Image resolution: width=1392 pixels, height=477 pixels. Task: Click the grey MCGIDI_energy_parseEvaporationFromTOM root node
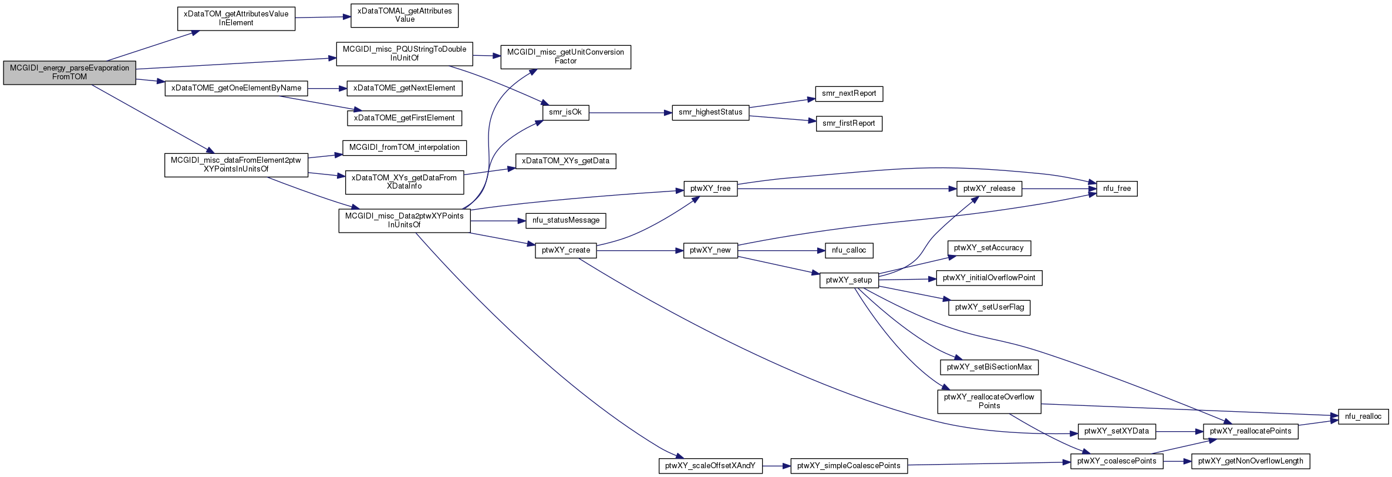[x=69, y=72]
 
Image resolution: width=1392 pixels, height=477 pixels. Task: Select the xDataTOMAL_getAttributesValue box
[x=405, y=15]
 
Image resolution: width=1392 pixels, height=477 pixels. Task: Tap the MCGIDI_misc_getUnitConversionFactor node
[x=565, y=56]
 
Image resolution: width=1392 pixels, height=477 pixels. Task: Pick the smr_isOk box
[x=565, y=112]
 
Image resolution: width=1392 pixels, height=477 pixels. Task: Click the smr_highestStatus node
[x=710, y=112]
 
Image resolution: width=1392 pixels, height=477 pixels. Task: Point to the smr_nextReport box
[x=849, y=93]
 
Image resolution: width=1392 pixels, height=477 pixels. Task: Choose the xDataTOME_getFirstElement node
[x=405, y=118]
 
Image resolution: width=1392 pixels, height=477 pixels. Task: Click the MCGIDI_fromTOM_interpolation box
[x=405, y=147]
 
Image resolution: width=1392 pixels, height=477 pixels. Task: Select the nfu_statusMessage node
[x=566, y=221]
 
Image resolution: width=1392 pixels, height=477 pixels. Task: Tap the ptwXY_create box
[x=566, y=250]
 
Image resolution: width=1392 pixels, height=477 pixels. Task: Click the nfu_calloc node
[x=849, y=250]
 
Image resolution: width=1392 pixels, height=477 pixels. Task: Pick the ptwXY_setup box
[x=849, y=280]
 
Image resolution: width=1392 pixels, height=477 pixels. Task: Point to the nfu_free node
[x=1117, y=189]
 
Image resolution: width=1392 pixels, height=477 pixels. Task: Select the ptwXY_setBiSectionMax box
[x=989, y=367]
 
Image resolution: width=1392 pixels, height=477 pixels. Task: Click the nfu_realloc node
[x=1363, y=416]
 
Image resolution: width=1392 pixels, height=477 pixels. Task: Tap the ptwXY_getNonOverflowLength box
[x=1251, y=461]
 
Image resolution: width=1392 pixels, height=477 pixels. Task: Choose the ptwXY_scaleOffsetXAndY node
[x=710, y=466]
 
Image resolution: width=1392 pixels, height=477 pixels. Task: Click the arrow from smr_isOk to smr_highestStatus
[x=630, y=112]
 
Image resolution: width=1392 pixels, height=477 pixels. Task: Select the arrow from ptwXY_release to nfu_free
[x=1059, y=189]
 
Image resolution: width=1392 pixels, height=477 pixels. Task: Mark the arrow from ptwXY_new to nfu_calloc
[x=781, y=250]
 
